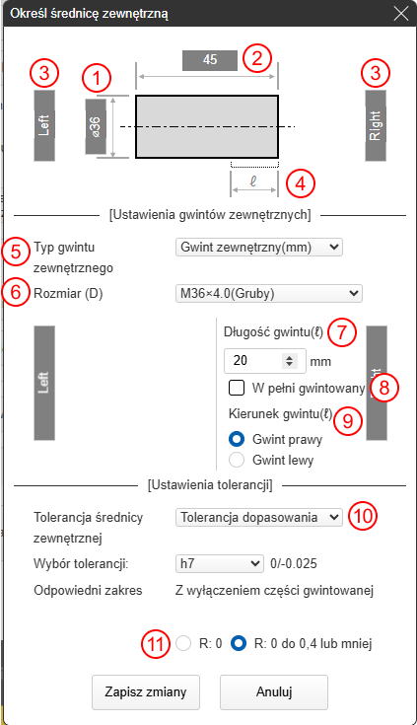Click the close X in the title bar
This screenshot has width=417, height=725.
401,14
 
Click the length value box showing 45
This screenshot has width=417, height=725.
210,59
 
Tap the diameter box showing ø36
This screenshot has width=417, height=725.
96,126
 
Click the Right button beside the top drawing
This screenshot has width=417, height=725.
376,125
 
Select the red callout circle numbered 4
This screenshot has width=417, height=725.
301,183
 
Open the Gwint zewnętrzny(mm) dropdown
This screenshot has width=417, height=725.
259,247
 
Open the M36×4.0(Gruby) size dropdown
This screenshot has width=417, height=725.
268,293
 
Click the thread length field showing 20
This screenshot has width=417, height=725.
264,361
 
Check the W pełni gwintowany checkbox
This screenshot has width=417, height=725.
237,388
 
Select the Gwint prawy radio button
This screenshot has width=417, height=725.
237,439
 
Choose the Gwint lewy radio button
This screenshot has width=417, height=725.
237,460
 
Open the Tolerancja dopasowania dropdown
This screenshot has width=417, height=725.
259,518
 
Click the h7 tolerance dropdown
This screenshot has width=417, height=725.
220,563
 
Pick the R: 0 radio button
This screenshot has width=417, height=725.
183,643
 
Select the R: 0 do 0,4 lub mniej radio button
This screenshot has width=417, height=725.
239,643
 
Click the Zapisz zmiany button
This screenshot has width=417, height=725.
146,692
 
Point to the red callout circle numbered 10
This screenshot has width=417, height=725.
363,516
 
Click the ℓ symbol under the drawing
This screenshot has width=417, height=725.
253,181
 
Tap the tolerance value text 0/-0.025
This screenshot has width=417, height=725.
294,563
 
